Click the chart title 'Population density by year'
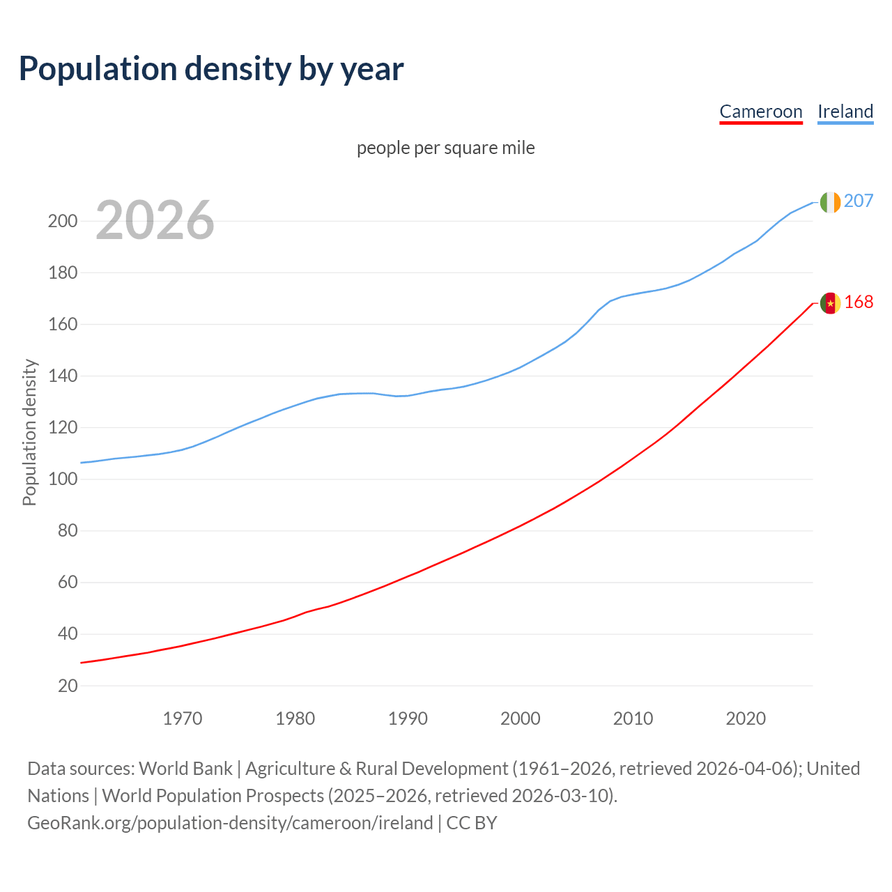(211, 69)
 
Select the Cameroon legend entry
(760, 111)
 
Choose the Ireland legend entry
(845, 111)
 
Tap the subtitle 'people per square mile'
(445, 148)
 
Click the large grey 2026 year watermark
(155, 220)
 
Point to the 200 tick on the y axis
(62, 222)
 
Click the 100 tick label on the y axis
(62, 479)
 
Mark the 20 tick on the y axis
(68, 686)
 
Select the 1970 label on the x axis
(183, 718)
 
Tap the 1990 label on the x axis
(408, 718)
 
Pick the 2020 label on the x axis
(746, 718)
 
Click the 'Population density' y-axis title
(29, 432)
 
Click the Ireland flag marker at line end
(830, 202)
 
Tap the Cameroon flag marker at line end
(830, 303)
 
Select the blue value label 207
(859, 201)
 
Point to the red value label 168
(859, 302)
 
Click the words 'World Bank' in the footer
(185, 768)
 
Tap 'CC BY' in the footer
(472, 822)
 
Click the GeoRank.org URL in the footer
(230, 822)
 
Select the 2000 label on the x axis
(521, 718)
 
